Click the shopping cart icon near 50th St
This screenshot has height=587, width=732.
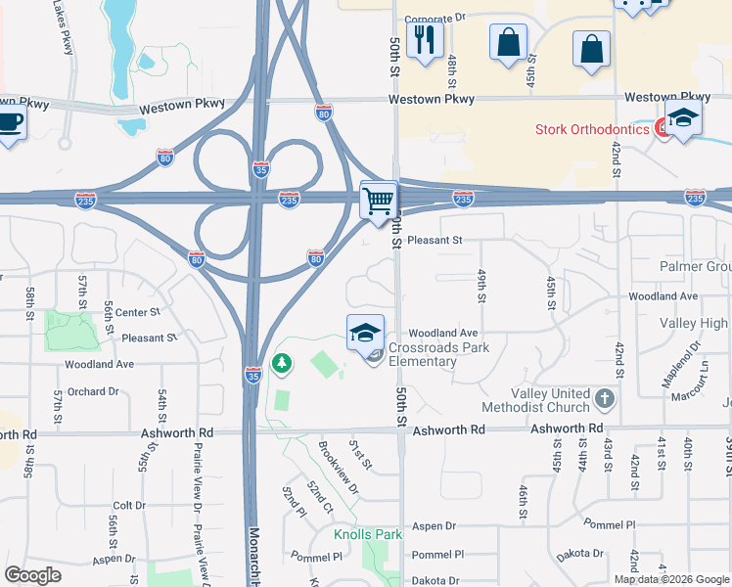[378, 202]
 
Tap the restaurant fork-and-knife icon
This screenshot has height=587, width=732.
[425, 40]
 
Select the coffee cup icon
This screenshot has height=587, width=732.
[10, 122]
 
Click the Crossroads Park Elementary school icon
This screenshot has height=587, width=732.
[365, 333]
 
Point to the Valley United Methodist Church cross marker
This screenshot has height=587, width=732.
[605, 398]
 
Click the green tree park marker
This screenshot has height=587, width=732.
[283, 364]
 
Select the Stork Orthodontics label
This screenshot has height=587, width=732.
[592, 129]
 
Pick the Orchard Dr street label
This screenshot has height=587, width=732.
[93, 391]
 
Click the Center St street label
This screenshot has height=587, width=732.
[137, 313]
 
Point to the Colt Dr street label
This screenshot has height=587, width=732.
[128, 506]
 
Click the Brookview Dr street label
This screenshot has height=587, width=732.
[337, 468]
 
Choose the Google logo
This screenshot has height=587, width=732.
[33, 575]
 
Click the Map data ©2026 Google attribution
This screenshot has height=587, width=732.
[672, 579]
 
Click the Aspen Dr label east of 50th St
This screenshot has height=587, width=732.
[435, 526]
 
